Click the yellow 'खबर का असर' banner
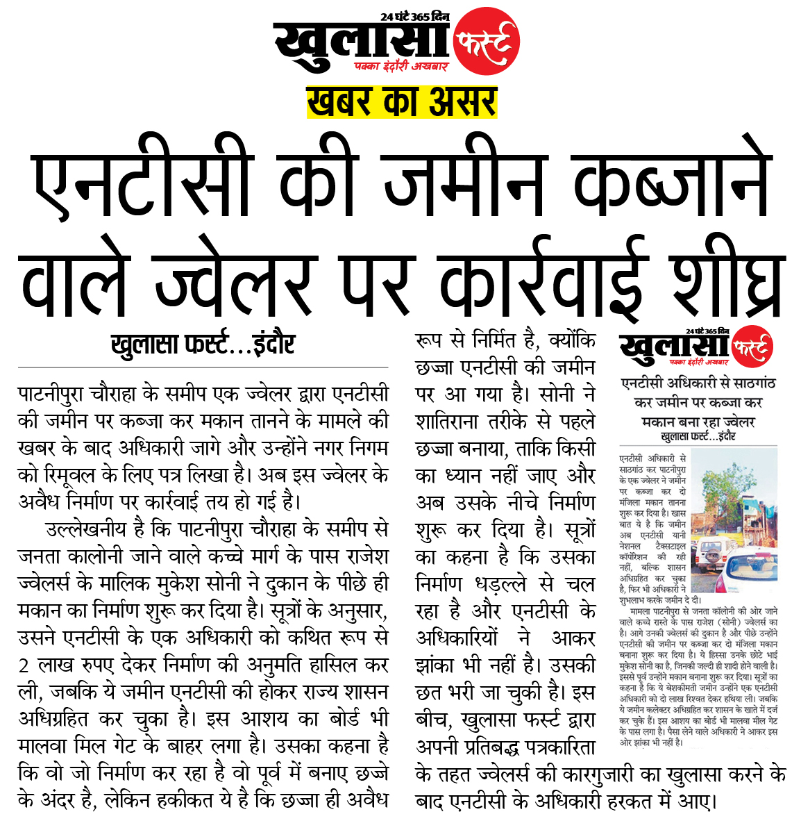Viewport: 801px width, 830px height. click(402, 101)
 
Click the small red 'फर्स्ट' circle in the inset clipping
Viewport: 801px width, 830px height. click(752, 345)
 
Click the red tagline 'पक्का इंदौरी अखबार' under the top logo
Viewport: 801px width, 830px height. click(401, 67)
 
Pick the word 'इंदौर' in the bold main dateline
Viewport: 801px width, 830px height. click(272, 344)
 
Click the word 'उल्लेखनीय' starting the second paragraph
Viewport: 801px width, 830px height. click(86, 529)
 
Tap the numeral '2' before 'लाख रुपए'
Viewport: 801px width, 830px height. click(24, 665)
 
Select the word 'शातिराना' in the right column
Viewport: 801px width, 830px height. click(451, 422)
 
